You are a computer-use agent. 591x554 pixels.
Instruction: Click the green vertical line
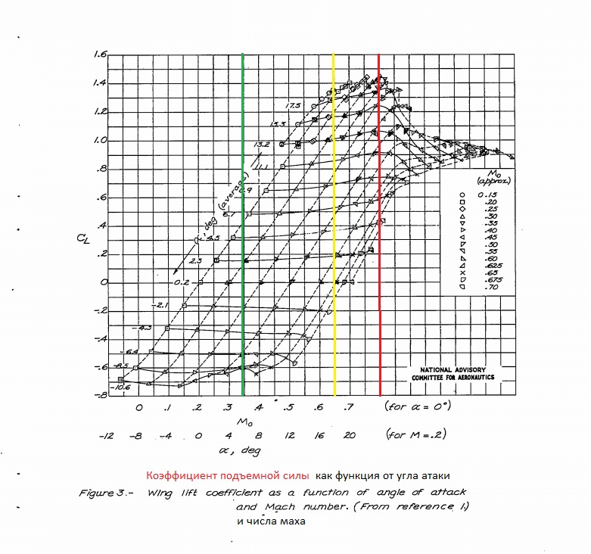[242, 227]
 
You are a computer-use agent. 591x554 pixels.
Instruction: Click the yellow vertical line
[334, 227]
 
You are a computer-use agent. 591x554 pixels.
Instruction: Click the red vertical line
[379, 227]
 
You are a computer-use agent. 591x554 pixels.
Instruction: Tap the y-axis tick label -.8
[99, 396]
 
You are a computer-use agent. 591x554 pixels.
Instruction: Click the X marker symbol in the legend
[462, 273]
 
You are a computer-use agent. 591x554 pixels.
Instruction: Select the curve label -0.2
[180, 282]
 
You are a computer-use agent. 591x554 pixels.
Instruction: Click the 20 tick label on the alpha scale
[350, 436]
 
